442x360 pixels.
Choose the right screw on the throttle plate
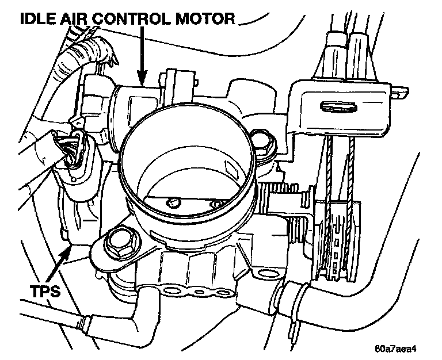click(216, 204)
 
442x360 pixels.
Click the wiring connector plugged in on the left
click(72, 151)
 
